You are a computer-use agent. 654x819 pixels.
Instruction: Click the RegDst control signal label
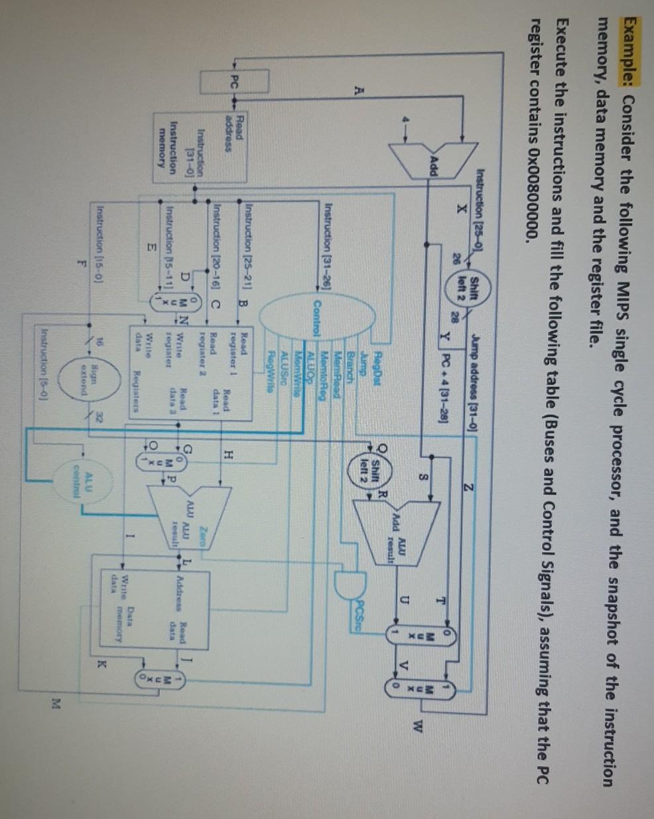click(373, 344)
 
